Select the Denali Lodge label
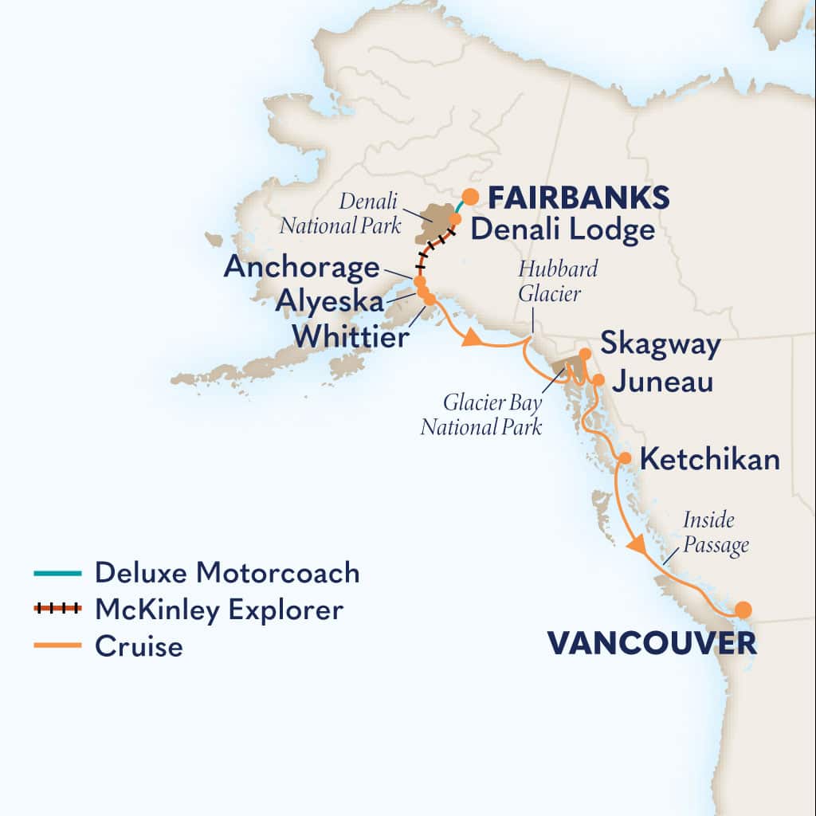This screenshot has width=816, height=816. pos(563,230)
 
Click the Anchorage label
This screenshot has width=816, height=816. pos(301,267)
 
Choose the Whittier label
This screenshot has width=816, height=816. pos(351,336)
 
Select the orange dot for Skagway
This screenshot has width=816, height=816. pos(585,353)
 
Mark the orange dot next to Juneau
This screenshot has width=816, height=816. pos(598,379)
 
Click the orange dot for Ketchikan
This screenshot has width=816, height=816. pos(626,458)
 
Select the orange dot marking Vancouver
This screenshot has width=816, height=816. pos(743,610)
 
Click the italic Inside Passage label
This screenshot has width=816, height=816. pos(716,534)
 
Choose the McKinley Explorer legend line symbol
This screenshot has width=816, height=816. pos(57,610)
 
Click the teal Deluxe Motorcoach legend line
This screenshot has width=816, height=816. pos(57,573)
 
